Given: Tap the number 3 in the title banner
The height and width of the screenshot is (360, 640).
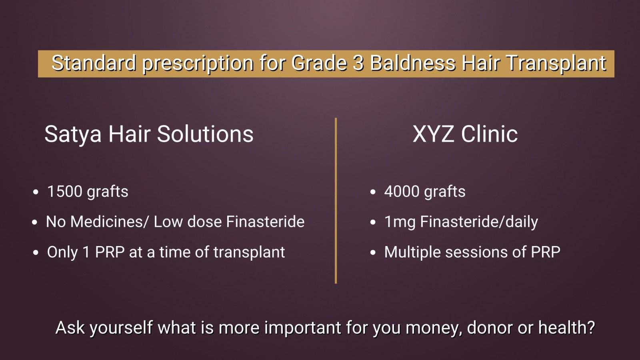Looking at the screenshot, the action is pos(358,63).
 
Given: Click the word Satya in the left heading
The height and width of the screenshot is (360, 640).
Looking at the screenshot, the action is pos(73,134).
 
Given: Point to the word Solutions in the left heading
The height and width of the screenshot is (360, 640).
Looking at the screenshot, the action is pos(205,134).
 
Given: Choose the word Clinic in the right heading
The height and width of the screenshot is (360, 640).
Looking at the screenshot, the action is pos(489,134).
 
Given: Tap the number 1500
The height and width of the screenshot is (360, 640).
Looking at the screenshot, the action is pos(65,192).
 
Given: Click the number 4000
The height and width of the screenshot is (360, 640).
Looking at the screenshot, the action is pos(402,192).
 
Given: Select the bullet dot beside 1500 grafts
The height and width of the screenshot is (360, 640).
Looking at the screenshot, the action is pos(36,192).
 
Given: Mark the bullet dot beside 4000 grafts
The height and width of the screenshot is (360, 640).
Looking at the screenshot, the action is pos(372,192).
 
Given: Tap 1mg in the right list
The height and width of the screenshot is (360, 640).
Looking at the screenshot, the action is pos(400,222).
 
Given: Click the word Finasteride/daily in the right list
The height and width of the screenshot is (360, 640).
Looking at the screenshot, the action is pos(479,222).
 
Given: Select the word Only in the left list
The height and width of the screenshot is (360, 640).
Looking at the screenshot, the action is pos(62,252).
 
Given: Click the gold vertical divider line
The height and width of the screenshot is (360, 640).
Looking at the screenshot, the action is pos(336,200).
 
